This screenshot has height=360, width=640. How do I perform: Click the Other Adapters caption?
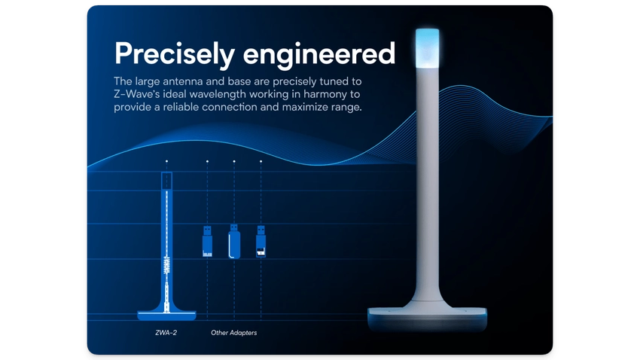pos(233,332)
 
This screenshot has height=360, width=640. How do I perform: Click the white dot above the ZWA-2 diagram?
pos(166,161)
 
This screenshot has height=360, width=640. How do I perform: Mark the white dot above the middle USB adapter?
pos(234,161)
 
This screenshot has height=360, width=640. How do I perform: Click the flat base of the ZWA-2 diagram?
pos(166,311)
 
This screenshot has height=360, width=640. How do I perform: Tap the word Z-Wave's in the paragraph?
pos(141,94)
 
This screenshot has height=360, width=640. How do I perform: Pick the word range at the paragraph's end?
pos(346,108)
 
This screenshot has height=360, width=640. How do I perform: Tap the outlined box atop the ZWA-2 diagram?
pos(166,181)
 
